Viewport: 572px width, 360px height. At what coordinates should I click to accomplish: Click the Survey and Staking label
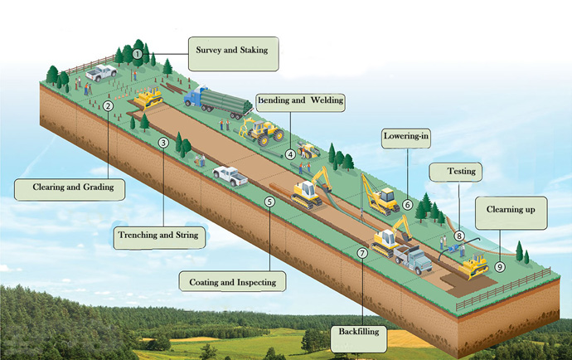231,51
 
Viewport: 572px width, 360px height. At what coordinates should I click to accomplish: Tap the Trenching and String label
158,236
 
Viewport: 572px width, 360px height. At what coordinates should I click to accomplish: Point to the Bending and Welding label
300,101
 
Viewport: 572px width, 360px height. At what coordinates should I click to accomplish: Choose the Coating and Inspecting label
233,282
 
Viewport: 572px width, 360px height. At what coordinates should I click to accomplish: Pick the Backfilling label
358,332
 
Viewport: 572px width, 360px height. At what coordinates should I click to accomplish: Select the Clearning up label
511,211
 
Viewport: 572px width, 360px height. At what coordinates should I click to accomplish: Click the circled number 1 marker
137,54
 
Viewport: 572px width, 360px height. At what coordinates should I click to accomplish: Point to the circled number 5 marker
269,202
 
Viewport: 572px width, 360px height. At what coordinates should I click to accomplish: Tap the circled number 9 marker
500,267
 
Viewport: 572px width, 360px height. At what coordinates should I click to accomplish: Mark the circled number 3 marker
164,143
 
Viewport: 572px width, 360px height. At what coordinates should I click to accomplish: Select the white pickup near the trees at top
102,72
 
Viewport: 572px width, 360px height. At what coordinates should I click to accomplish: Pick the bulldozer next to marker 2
149,100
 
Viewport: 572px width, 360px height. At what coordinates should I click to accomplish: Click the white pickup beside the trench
230,175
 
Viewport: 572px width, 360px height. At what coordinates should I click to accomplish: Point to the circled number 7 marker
362,252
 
